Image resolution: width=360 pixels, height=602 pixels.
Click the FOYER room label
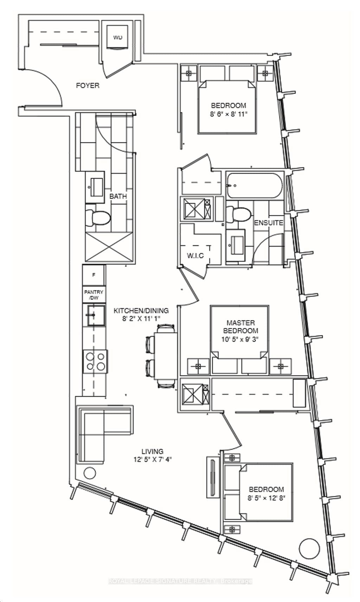[x=88, y=85]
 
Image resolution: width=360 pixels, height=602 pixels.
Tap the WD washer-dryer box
[x=117, y=37]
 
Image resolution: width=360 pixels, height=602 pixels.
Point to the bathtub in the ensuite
[x=254, y=185]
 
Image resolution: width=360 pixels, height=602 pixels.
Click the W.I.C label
[x=195, y=255]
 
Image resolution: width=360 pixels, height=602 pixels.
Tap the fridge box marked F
[x=94, y=275]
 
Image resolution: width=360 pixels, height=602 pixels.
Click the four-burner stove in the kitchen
[x=95, y=362]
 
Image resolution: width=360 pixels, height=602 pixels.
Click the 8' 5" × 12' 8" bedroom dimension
[x=266, y=498]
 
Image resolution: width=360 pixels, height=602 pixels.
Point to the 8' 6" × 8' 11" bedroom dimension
[x=229, y=114]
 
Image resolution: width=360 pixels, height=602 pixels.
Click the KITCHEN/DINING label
[x=141, y=311]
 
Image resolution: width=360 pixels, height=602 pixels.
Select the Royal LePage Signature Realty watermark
[x=180, y=581]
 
